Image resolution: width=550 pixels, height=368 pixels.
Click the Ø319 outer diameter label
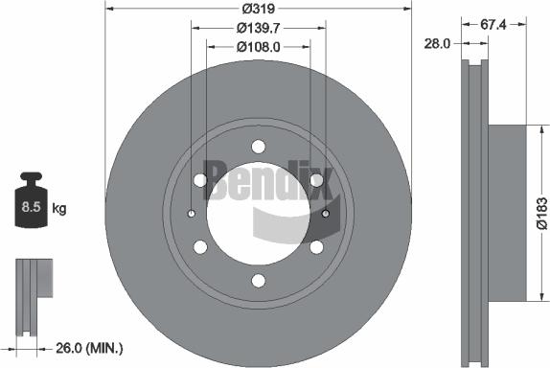point(258,9)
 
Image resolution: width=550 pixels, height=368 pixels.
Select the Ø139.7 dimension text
point(258,28)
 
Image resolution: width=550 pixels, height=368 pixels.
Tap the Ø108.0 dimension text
point(258,46)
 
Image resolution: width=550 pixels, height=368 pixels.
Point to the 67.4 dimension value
point(493,25)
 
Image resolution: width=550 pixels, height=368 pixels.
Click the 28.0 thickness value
point(437,44)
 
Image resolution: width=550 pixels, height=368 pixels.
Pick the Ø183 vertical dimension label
point(542,214)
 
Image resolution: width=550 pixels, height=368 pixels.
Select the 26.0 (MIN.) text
point(89,349)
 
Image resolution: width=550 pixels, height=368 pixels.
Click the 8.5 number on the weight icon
point(32,207)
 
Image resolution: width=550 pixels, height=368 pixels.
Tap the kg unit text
point(59,208)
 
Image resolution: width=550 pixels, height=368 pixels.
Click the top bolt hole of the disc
point(259,147)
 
